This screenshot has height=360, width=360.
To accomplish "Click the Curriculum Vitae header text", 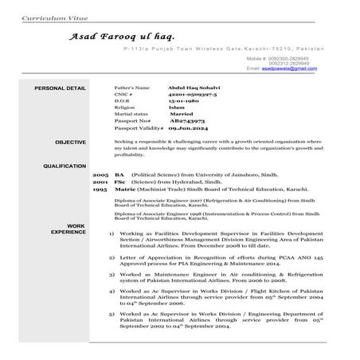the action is (x=46, y=16).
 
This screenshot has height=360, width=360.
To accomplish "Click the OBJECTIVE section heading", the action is (x=70, y=142).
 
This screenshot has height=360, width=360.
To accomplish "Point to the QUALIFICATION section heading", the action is (x=64, y=166).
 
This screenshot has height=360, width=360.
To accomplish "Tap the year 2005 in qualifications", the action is (x=100, y=173).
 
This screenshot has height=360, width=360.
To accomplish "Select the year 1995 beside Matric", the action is (x=100, y=189).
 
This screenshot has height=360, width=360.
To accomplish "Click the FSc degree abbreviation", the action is (x=120, y=181).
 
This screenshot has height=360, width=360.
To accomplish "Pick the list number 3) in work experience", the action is (x=112, y=274).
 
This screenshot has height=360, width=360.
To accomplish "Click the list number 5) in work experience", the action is (x=112, y=314).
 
